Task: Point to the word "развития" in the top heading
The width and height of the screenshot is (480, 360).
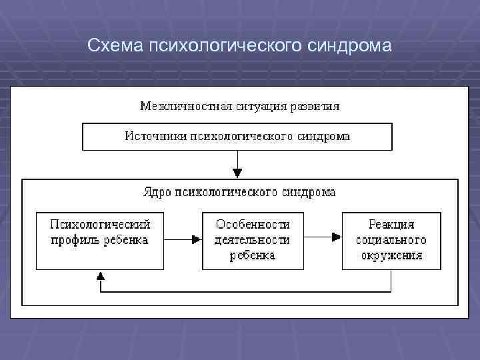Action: pos(315,106)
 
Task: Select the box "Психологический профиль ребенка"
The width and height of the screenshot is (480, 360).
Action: pos(99,241)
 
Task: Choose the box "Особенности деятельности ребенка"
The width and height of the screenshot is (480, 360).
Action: pos(252,241)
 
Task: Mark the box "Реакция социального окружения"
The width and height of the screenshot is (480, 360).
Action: pos(391,241)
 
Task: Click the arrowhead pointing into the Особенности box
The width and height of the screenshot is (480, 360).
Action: pos(196,239)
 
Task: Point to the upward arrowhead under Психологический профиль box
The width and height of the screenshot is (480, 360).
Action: pos(100,275)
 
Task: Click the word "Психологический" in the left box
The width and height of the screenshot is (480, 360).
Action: pos(100,225)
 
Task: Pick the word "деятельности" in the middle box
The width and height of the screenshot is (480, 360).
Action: pos(252,240)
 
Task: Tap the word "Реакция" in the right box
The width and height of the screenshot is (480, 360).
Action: pos(391,225)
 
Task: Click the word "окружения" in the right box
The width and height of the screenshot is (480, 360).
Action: pos(391,255)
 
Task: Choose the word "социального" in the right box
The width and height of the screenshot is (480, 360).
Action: pos(391,240)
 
